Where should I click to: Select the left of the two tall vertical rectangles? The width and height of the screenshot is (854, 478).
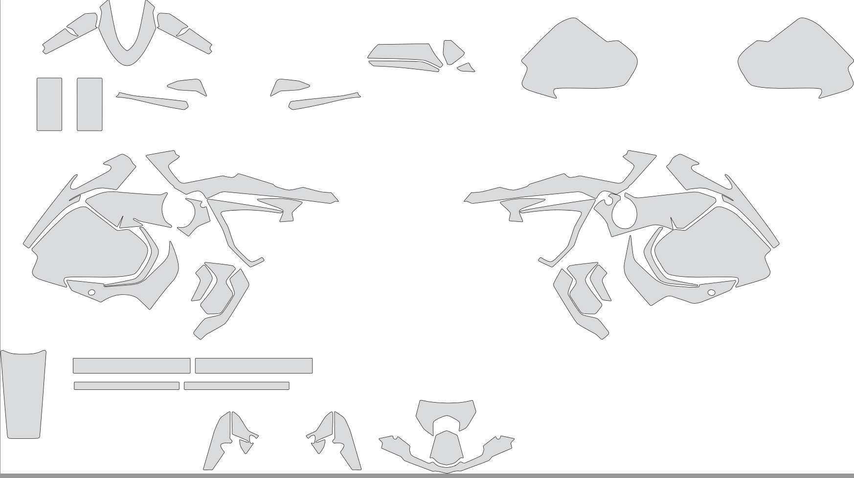pyautogui.click(x=49, y=104)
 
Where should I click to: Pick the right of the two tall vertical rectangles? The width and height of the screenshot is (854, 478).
pyautogui.click(x=90, y=104)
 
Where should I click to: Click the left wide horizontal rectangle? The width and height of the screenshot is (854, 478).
pyautogui.click(x=132, y=366)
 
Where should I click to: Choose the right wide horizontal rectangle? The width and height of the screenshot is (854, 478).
pyautogui.click(x=254, y=366)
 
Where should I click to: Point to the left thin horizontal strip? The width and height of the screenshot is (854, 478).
pyautogui.click(x=127, y=386)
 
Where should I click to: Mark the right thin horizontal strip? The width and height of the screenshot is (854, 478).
pyautogui.click(x=237, y=386)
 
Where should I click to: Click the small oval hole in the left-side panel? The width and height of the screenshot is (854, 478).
pyautogui.click(x=91, y=293)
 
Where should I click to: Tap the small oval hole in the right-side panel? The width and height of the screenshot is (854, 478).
pyautogui.click(x=711, y=293)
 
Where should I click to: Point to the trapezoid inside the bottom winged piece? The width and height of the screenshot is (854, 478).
pyautogui.click(x=446, y=447)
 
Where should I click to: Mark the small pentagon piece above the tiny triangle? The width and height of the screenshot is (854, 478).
pyautogui.click(x=452, y=51)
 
